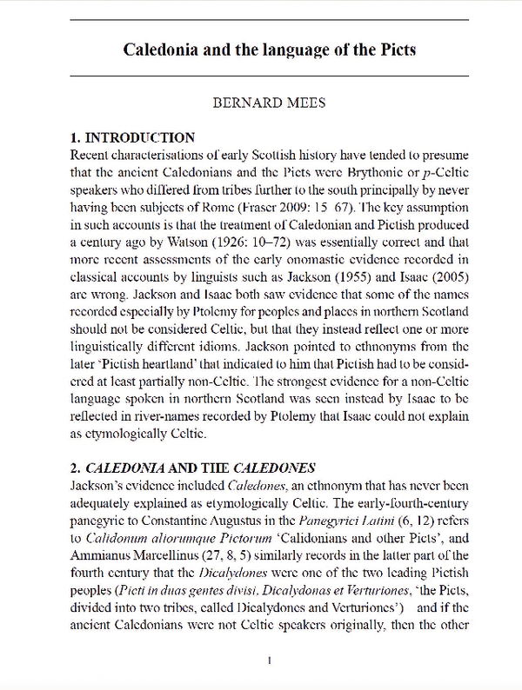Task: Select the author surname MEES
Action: coord(299,103)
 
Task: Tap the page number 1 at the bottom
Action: coord(270,661)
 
